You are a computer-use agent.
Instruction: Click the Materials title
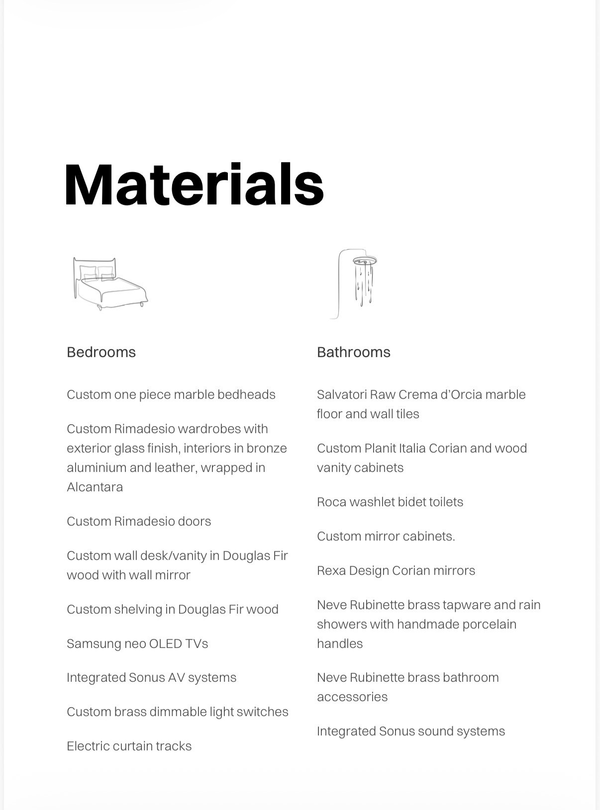tap(194, 185)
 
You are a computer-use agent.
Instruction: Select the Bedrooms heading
tap(101, 352)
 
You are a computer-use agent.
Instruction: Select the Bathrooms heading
tap(353, 352)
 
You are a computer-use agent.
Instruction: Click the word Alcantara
tap(95, 487)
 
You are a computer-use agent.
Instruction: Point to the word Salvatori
tap(341, 394)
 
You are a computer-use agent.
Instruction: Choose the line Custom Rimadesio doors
tap(139, 521)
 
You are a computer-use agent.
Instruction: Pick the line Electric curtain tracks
tap(129, 746)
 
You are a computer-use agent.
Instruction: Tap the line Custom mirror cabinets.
tap(386, 536)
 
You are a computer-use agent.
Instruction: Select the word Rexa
tap(331, 570)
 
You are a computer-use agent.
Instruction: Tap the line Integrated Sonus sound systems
tap(410, 731)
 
